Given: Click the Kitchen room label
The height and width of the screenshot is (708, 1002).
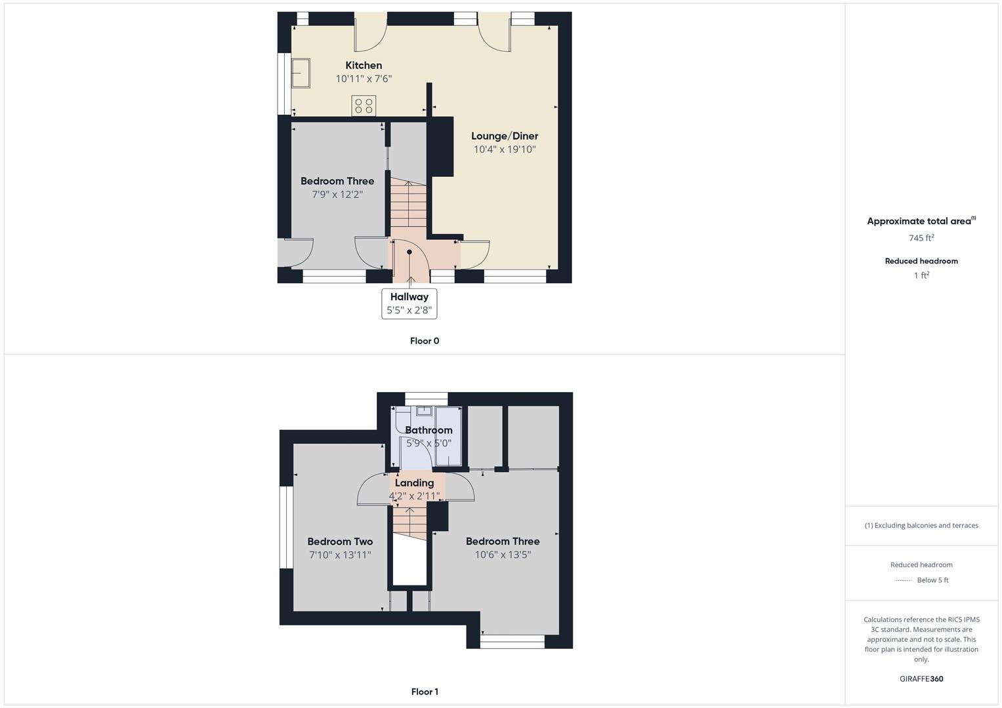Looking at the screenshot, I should tap(364, 66).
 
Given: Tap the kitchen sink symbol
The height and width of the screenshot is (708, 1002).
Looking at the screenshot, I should tap(301, 73).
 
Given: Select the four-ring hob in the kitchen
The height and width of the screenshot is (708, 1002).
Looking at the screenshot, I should tap(364, 106).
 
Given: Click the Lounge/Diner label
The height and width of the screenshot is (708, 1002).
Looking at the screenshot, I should tap(505, 136).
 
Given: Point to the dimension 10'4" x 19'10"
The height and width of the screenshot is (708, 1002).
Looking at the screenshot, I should tap(505, 149).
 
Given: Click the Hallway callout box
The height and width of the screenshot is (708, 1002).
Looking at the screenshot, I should tap(409, 304).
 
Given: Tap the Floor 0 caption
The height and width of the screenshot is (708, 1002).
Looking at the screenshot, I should tap(425, 341).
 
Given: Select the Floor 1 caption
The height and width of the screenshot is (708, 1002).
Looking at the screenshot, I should tap(425, 692).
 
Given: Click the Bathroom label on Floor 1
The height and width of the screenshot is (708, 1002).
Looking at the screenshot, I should tap(428, 430).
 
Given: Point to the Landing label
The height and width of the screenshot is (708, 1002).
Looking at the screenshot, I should tap(414, 483).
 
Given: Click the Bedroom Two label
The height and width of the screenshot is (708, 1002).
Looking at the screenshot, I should tap(340, 541).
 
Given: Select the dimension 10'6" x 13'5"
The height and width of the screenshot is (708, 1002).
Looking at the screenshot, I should tap(503, 555).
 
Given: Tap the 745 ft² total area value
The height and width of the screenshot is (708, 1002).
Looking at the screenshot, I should tap(921, 238).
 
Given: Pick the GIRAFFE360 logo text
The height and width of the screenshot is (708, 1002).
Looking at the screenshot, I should tap(921, 679).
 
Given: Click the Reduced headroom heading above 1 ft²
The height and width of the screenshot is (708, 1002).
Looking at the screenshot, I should tap(921, 261).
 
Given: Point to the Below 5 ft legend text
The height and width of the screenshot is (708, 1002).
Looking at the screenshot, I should tap(932, 580).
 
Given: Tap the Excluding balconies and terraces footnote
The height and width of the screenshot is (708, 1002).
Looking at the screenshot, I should tap(921, 525).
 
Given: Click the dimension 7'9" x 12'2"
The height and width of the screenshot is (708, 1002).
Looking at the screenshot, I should tap(337, 195).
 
